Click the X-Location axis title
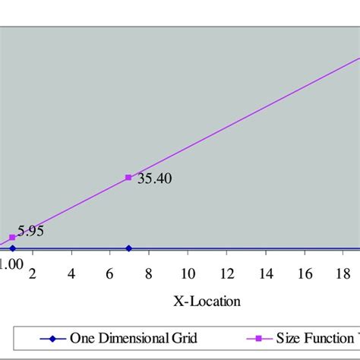pyautogui.click(x=207, y=302)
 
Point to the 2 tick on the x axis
pyautogui.click(x=32, y=273)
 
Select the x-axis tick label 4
pyautogui.click(x=71, y=273)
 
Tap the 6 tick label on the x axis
pyautogui.click(x=109, y=273)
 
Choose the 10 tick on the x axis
pyautogui.click(x=187, y=273)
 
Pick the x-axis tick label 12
pyautogui.click(x=226, y=273)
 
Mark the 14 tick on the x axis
pyautogui.click(x=265, y=273)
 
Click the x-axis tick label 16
pyautogui.click(x=304, y=273)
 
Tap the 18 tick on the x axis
pyautogui.click(x=343, y=273)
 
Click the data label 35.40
pyautogui.click(x=154, y=179)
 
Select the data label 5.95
pyautogui.click(x=32, y=230)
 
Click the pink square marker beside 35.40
pyautogui.click(x=128, y=178)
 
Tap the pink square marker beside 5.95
pyautogui.click(x=12, y=237)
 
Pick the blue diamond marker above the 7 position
pyautogui.click(x=128, y=248)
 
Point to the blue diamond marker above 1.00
pyautogui.click(x=12, y=248)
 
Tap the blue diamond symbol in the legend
pyautogui.click(x=52, y=339)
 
